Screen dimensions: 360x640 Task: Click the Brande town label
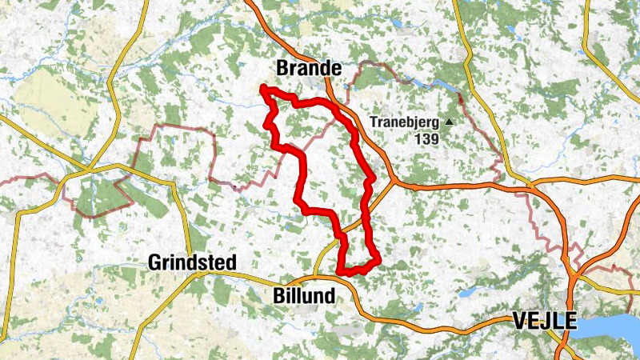[309, 68]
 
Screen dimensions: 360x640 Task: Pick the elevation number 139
[428, 138]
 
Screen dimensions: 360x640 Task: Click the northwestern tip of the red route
[263, 87]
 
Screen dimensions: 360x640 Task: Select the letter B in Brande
[282, 68]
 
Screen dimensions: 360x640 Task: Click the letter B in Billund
[278, 294]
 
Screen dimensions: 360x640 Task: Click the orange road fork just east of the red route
[394, 182]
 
